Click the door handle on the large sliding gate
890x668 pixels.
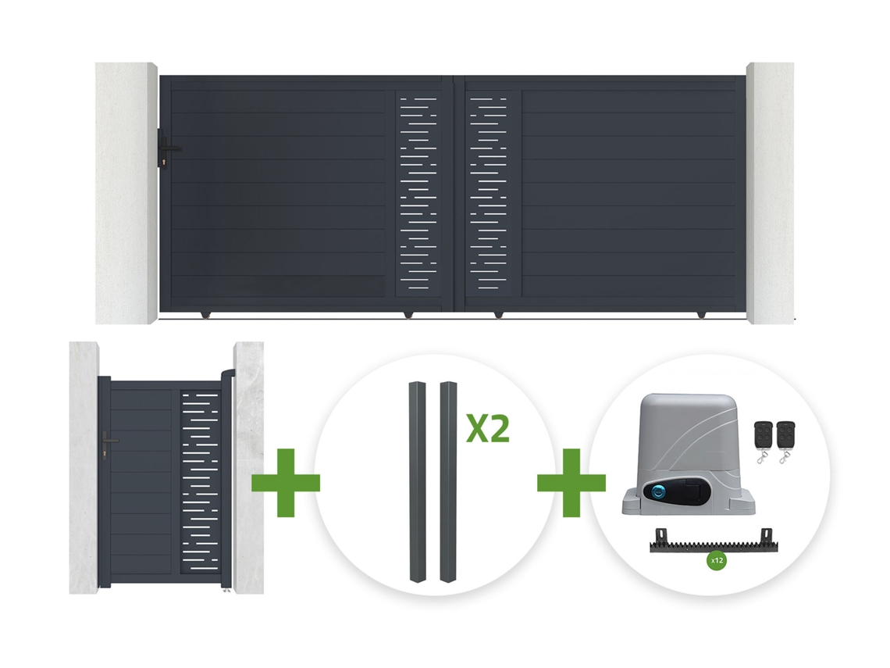coord(169,148)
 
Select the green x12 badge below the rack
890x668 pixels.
coord(717,561)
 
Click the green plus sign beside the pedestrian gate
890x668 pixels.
coord(286,483)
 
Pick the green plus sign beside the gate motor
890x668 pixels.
coord(571,483)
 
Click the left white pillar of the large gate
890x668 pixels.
coord(126,193)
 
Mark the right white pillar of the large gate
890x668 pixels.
coord(770,193)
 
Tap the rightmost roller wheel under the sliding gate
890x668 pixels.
coord(702,314)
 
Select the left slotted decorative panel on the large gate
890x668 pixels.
coord(418,193)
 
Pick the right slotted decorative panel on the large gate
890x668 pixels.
coord(488,193)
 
